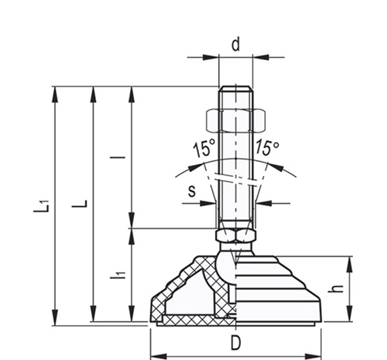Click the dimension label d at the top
(236, 44)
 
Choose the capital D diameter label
(236, 343)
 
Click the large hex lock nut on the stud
(236, 119)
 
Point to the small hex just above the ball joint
(235, 236)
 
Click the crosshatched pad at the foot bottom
(190, 320)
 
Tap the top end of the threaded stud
(236, 86)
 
